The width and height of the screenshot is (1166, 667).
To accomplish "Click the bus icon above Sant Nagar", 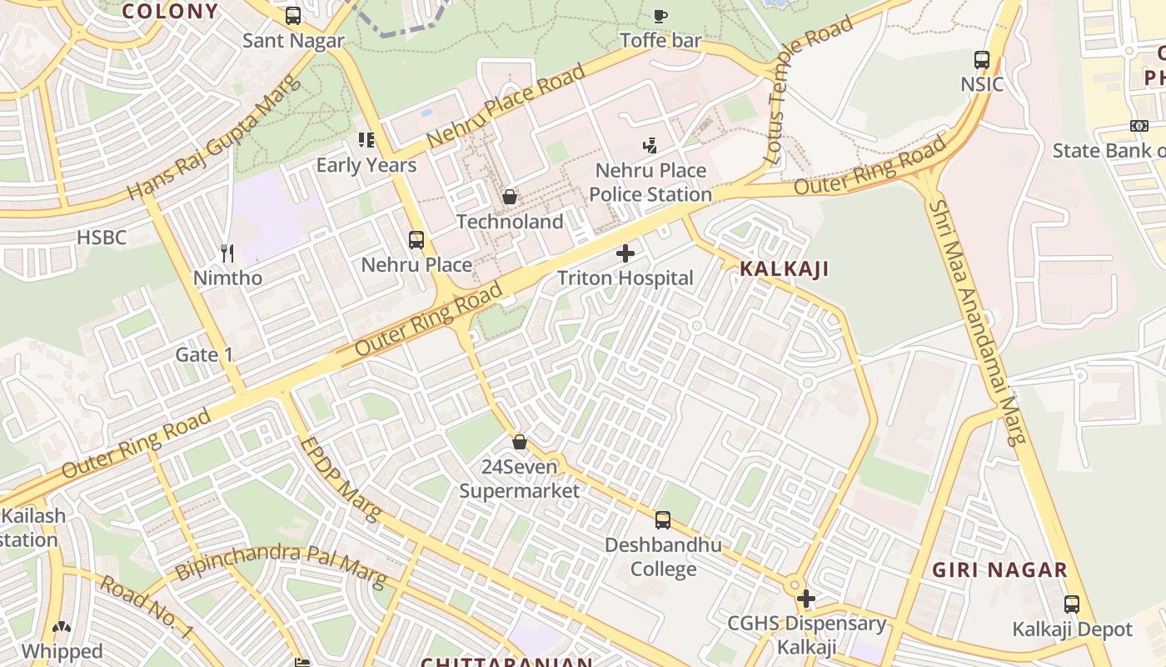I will pyautogui.click(x=293, y=16).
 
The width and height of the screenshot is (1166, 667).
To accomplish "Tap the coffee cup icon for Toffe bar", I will pyautogui.click(x=660, y=16).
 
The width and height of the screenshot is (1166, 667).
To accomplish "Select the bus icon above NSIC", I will pyautogui.click(x=982, y=60).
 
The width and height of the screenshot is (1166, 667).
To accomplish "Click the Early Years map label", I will pyautogui.click(x=366, y=165).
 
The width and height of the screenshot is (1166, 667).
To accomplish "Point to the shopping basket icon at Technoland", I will pyautogui.click(x=510, y=198).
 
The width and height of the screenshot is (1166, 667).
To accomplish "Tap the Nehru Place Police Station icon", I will pyautogui.click(x=650, y=146).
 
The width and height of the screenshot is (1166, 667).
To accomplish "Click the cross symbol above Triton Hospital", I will pyautogui.click(x=625, y=253).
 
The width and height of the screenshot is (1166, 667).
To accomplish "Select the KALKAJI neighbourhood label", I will pyautogui.click(x=785, y=268).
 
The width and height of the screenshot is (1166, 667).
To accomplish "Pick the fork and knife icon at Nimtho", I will pyautogui.click(x=227, y=252).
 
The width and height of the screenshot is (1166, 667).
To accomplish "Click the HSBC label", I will pyautogui.click(x=102, y=238).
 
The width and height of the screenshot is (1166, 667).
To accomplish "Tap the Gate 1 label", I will pyautogui.click(x=204, y=354).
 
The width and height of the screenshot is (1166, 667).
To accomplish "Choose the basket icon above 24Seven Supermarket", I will pyautogui.click(x=520, y=442).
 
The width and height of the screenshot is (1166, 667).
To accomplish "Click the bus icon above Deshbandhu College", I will pyautogui.click(x=663, y=520).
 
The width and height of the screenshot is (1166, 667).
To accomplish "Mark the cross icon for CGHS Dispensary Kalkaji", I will pyautogui.click(x=805, y=599).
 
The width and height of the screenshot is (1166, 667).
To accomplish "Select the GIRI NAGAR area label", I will pyautogui.click(x=999, y=570).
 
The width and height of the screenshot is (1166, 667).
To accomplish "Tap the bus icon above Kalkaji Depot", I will pyautogui.click(x=1072, y=604).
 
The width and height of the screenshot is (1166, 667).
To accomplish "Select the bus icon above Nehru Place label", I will pyautogui.click(x=416, y=240).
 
